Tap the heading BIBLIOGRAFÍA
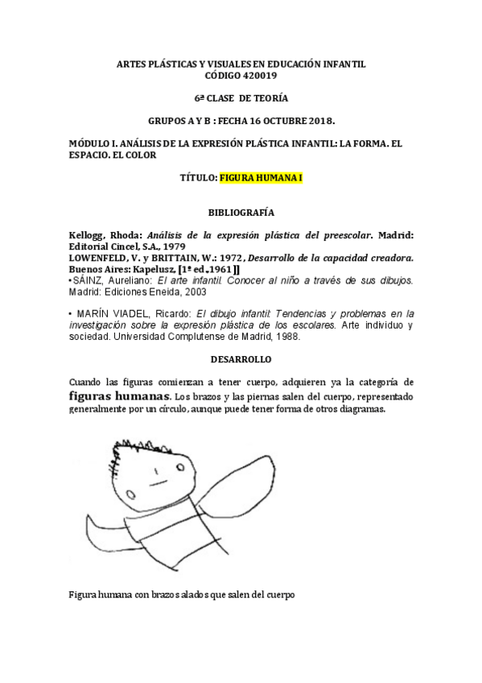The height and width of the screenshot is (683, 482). tap(241, 213)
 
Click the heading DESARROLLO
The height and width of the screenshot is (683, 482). tap(241, 358)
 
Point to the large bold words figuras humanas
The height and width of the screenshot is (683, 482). tap(120, 396)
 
